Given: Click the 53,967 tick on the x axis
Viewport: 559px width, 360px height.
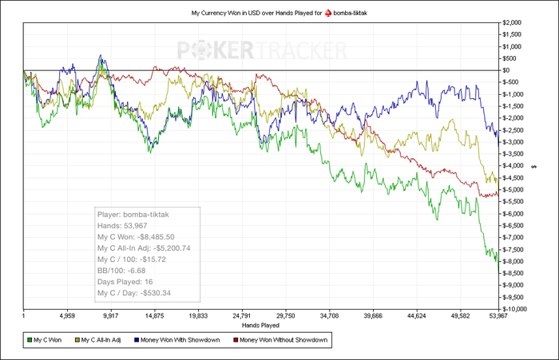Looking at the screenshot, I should pos(499,316).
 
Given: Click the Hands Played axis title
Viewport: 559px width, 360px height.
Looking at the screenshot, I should pos(261,326).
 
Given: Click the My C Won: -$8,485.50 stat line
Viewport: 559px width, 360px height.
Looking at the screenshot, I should pos(136,237).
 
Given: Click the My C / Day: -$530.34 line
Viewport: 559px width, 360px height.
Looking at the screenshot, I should pos(134,293).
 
